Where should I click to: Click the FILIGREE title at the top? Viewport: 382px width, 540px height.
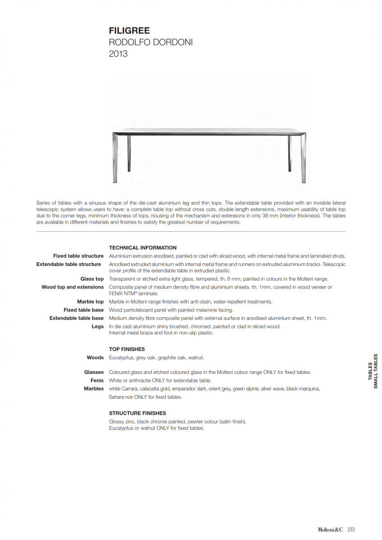tap(129, 31)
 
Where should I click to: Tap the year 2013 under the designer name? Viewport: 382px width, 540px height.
tap(118, 54)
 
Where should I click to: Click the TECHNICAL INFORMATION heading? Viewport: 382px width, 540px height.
tap(143, 248)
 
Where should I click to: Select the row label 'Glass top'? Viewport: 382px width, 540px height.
tap(92, 279)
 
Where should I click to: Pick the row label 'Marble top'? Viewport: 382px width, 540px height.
tap(90, 302)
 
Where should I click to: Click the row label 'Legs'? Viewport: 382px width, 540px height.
tap(98, 326)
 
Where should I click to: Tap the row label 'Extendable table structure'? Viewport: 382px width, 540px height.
tap(68, 264)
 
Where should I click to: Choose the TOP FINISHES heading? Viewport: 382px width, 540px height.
tap(127, 349)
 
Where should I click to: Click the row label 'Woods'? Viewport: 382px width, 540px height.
tap(95, 358)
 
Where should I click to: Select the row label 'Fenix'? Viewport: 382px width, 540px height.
tap(97, 380)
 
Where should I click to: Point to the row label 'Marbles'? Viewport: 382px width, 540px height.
tap(94, 389)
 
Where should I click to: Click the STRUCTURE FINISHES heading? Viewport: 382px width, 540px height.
tap(137, 413)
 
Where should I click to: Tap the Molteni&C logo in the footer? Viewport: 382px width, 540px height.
tap(330, 530)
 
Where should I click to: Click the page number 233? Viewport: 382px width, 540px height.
tap(351, 530)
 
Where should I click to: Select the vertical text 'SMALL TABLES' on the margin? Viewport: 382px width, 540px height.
tap(376, 372)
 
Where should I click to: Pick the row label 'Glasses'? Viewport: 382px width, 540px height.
tap(94, 372)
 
